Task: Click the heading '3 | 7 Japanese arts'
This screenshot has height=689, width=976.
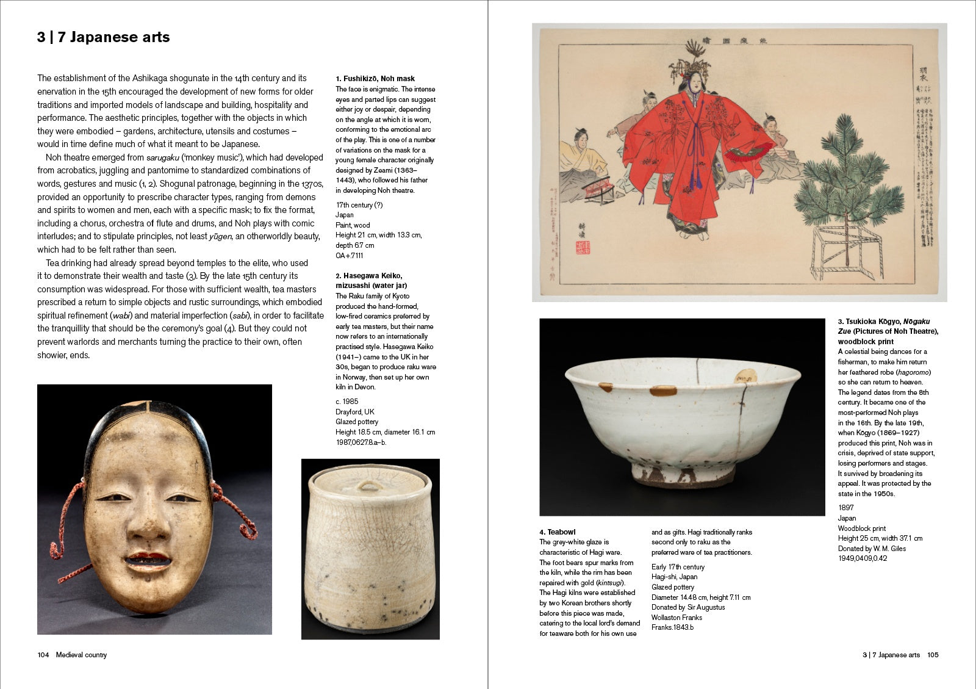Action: (x=103, y=37)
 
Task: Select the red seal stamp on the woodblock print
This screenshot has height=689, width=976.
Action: (x=583, y=247)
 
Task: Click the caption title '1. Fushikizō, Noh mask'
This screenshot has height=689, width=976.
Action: (x=375, y=79)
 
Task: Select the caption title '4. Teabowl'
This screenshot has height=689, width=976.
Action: (x=558, y=532)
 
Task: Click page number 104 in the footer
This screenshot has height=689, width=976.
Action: (x=43, y=655)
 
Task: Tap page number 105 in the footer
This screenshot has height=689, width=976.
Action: (x=933, y=655)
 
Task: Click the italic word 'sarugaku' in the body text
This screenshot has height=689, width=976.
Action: (x=163, y=157)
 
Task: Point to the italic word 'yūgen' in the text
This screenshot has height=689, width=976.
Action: (x=220, y=237)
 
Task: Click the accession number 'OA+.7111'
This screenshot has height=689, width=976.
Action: (x=350, y=256)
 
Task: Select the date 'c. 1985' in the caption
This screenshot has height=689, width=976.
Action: (x=347, y=402)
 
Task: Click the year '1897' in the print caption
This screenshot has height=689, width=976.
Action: (x=846, y=508)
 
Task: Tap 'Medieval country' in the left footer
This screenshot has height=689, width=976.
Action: (x=81, y=655)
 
